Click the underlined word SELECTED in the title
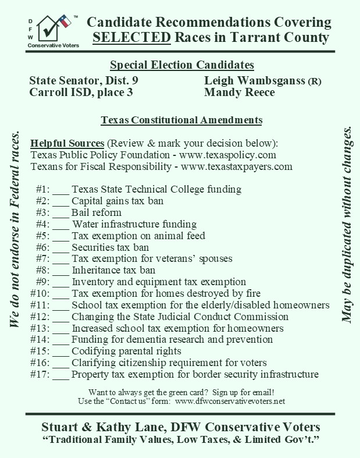pyautogui.click(x=132, y=38)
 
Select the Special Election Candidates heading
pyautogui.click(x=181, y=65)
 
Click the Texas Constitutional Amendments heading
pyautogui.click(x=181, y=120)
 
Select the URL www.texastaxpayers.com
pyautogui.click(x=237, y=167)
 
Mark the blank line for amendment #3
pyautogui.click(x=60, y=213)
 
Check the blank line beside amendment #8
pyautogui.click(x=60, y=271)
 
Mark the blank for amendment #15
pyautogui.click(x=60, y=352)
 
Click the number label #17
pyautogui.click(x=40, y=374)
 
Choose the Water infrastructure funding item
pyautogui.click(x=134, y=224)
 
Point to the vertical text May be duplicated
pyautogui.click(x=347, y=223)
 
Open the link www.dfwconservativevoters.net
pyautogui.click(x=230, y=401)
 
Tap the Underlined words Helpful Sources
pyautogui.click(x=67, y=144)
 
